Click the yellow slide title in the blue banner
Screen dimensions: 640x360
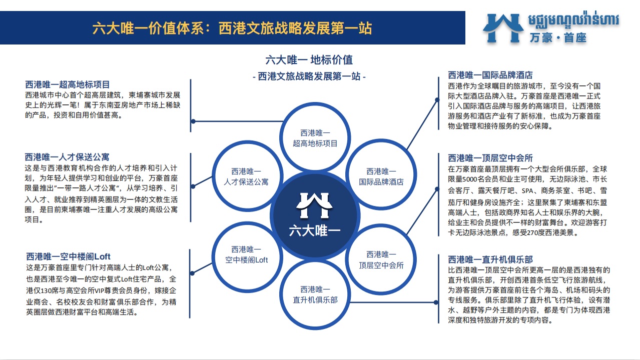(232, 28)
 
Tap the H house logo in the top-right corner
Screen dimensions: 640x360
(503, 28)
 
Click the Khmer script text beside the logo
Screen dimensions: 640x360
(573, 20)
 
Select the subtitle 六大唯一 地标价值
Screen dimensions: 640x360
(309, 60)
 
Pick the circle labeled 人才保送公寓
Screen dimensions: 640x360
(247, 142)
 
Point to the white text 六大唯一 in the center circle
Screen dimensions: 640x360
(315, 230)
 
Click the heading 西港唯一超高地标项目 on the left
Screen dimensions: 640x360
(68, 84)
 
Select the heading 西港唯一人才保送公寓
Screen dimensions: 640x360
(67, 157)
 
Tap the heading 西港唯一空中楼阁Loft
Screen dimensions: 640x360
(68, 256)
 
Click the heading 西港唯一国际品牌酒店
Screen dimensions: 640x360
(490, 75)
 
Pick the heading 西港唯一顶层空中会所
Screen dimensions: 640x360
(490, 158)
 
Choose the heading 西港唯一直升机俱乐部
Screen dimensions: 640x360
(490, 259)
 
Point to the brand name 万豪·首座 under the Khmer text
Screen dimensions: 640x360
(558, 37)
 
